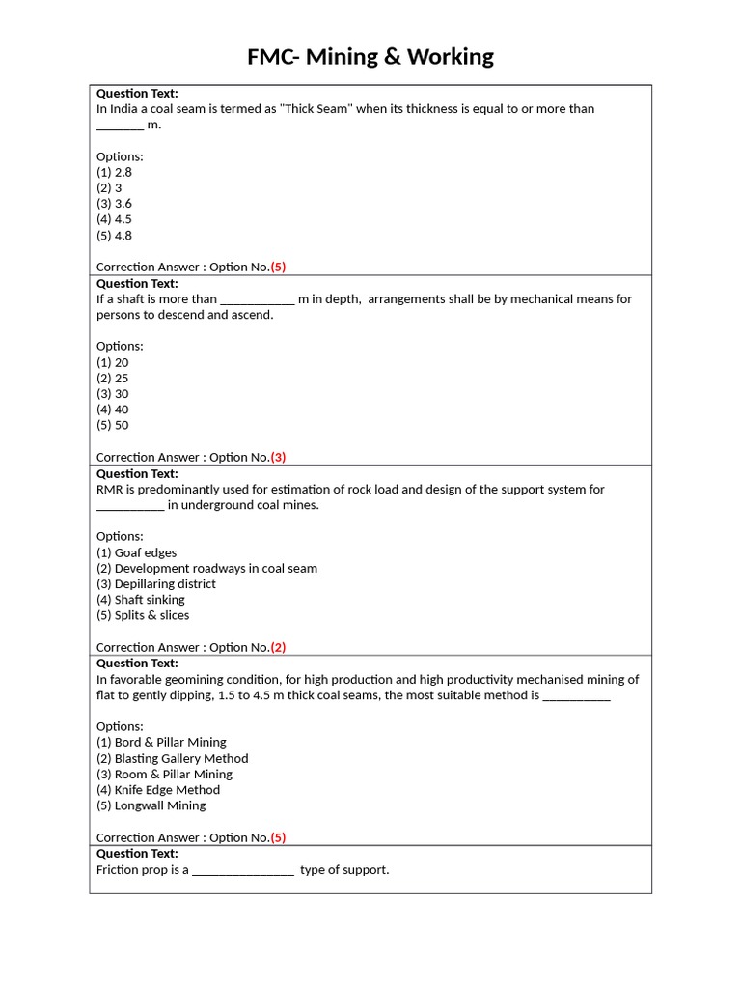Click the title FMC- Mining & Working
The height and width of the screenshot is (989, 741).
pyautogui.click(x=370, y=57)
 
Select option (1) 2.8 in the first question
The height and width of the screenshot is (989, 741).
pyautogui.click(x=114, y=172)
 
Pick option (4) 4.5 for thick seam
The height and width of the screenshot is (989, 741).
pyautogui.click(x=114, y=219)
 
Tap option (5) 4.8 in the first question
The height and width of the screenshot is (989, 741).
pyautogui.click(x=114, y=235)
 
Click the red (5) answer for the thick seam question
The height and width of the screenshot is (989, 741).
pyautogui.click(x=278, y=267)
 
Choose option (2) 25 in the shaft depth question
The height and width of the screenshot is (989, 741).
pyautogui.click(x=112, y=378)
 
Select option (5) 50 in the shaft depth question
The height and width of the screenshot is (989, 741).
pyautogui.click(x=112, y=425)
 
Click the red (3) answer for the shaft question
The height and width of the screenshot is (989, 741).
pyautogui.click(x=278, y=457)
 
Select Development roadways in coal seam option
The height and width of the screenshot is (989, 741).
pyautogui.click(x=206, y=568)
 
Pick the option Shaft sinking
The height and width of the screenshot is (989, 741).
pyautogui.click(x=140, y=599)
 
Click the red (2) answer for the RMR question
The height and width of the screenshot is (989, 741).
pyautogui.click(x=278, y=647)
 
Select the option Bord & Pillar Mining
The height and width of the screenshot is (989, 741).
pyautogui.click(x=161, y=742)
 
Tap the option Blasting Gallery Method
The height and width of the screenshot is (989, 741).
pyautogui.click(x=172, y=758)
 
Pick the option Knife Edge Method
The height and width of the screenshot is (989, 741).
pyautogui.click(x=158, y=789)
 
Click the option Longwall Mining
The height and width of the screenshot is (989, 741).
pyautogui.click(x=151, y=805)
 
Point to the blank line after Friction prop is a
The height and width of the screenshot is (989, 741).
pyautogui.click(x=243, y=870)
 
